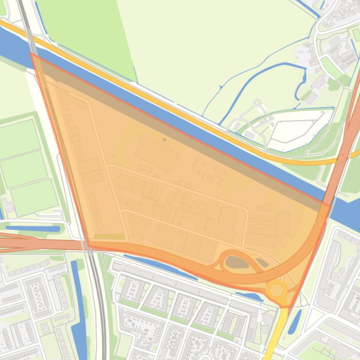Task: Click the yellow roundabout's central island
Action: (x=276, y=290)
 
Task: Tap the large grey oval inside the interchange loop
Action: (x=237, y=263)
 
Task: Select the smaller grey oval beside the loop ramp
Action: (x=262, y=263)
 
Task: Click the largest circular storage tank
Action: (x=221, y=175)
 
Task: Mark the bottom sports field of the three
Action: (x=34, y=197)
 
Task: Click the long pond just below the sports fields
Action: (x=33, y=229)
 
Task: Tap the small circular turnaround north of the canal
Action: (x=257, y=102)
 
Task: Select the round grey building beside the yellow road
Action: (x=267, y=319)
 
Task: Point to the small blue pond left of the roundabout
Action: (x=248, y=297)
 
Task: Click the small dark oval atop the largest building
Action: (x=164, y=139)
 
